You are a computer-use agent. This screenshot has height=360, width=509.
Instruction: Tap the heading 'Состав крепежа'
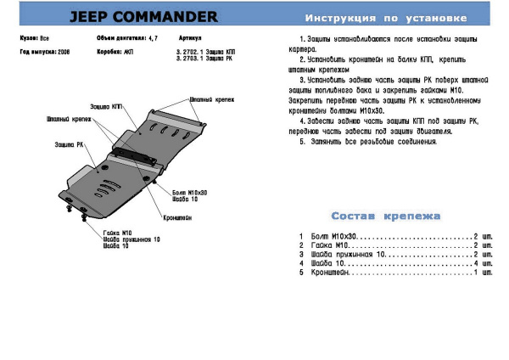tap(386, 217)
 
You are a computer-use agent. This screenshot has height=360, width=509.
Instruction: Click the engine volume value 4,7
tap(153, 39)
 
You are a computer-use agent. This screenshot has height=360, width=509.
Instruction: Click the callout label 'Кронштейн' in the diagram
tap(176, 217)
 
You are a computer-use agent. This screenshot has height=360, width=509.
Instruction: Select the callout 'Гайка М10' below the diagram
tap(115, 233)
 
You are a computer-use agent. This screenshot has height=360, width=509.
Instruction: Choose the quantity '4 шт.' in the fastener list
tap(484, 263)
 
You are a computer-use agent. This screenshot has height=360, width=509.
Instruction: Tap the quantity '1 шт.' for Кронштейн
tap(484, 273)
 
